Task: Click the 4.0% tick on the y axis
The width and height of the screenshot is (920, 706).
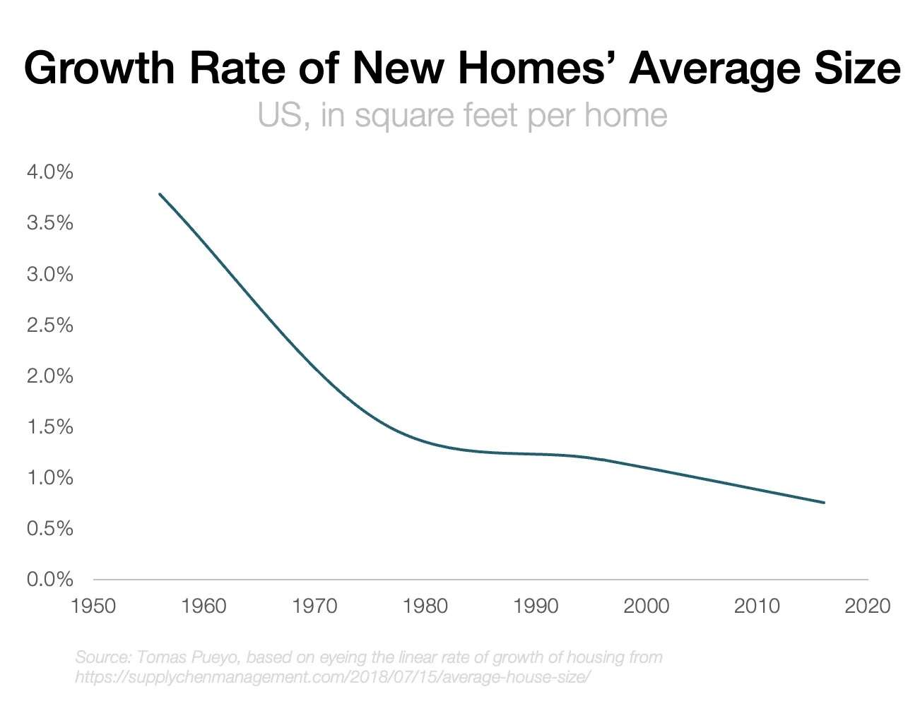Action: [x=49, y=172]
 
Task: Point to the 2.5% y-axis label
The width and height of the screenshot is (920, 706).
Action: [x=49, y=325]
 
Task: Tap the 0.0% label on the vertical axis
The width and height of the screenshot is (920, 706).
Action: [x=49, y=580]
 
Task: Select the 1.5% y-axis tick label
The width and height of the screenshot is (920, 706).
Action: [x=49, y=427]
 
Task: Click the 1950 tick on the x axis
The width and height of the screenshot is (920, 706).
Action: [x=94, y=606]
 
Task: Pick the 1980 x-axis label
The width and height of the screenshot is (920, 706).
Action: [x=425, y=606]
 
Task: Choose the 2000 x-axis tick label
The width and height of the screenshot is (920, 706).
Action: [x=647, y=606]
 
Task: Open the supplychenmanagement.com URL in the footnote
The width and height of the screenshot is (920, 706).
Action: [x=332, y=677]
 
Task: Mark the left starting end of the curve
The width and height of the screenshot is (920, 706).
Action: [x=160, y=193]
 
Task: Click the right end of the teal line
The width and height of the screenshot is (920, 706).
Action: [x=824, y=503]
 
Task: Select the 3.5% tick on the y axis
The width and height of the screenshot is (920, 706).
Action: [x=49, y=223]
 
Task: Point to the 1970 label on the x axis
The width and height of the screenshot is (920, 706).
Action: [x=315, y=606]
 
